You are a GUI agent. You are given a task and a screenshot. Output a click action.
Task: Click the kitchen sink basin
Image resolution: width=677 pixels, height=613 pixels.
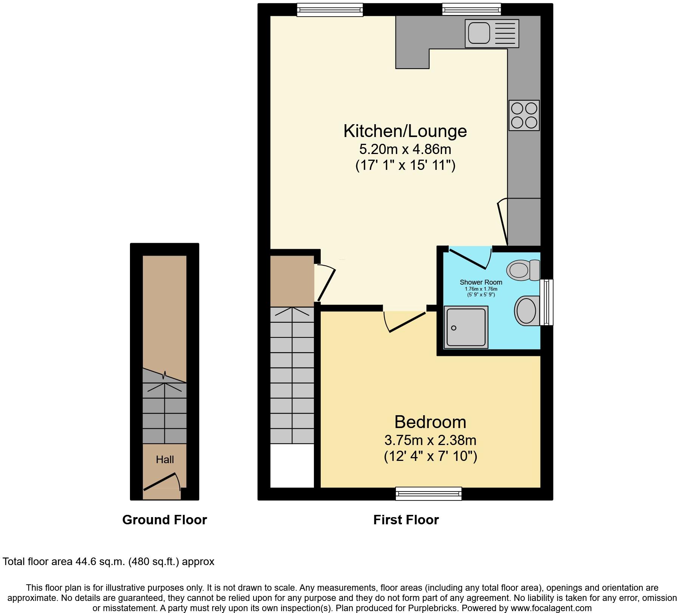(479, 33)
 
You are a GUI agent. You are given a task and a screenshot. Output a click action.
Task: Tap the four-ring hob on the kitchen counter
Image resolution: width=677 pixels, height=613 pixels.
(524, 116)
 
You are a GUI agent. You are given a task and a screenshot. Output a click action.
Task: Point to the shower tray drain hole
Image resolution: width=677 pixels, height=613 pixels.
(454, 328)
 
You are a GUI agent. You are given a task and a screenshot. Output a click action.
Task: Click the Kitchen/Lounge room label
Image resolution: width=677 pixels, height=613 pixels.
(405, 131)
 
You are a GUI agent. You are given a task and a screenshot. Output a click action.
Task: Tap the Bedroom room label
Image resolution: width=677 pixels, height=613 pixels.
(430, 422)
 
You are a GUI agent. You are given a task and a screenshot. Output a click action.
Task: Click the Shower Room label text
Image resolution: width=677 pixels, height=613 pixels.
(481, 282)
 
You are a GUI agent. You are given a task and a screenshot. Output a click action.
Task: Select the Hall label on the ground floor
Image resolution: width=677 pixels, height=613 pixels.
(165, 459)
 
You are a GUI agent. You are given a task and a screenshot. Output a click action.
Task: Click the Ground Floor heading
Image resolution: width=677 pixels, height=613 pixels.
(164, 520)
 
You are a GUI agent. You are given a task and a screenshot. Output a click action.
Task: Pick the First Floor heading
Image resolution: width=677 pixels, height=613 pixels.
(406, 520)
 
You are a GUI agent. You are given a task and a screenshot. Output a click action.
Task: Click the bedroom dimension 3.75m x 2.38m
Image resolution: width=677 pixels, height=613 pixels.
(430, 440)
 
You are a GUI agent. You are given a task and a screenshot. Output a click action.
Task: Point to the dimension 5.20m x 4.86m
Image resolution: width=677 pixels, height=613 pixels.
(405, 149)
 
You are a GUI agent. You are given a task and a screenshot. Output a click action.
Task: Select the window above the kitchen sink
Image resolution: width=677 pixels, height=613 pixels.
(471, 9)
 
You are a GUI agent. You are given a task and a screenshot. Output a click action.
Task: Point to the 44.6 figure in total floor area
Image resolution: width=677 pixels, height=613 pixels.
(87, 562)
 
